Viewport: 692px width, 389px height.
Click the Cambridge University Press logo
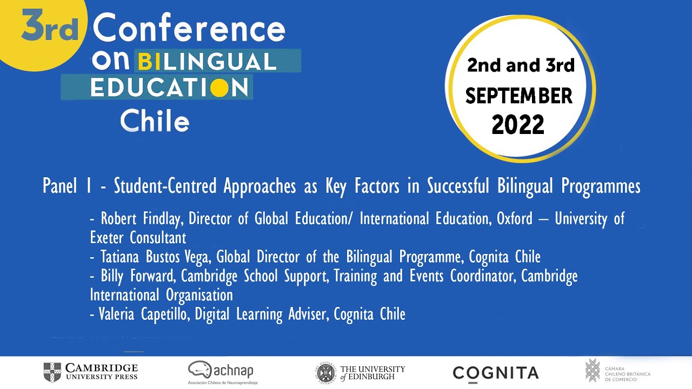tap(91, 372)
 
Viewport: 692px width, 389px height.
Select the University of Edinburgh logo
tap(361, 372)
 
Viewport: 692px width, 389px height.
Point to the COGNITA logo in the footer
tap(496, 372)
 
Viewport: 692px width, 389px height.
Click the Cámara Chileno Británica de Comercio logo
tap(618, 371)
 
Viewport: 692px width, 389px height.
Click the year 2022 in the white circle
tap(518, 125)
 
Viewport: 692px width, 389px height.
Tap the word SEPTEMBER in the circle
tap(518, 96)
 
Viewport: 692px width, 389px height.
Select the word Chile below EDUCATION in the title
tap(155, 120)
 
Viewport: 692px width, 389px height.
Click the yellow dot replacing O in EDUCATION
tap(219, 88)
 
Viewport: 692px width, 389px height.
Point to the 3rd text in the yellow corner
tap(50, 29)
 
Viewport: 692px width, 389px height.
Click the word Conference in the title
tap(189, 29)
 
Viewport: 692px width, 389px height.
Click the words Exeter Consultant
tap(138, 238)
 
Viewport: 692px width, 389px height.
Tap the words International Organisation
tap(161, 295)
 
